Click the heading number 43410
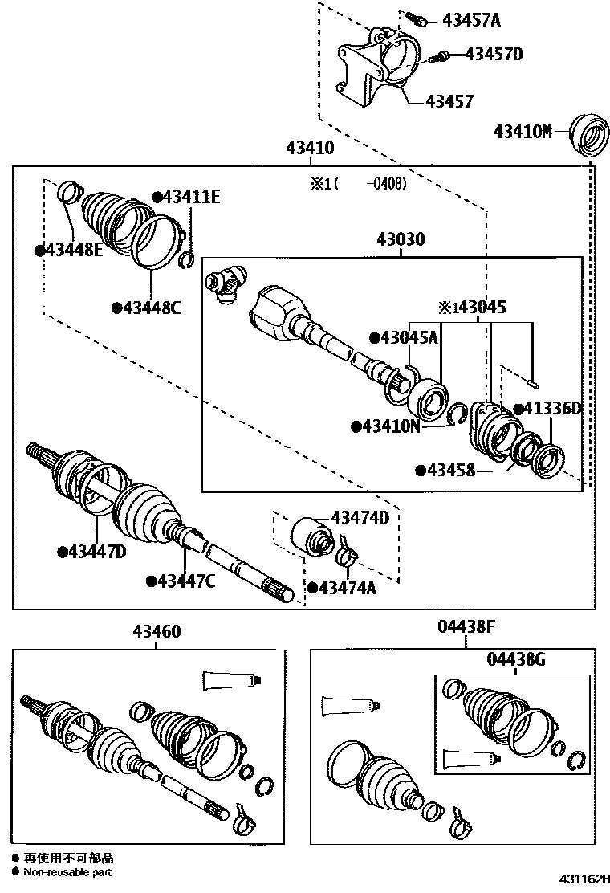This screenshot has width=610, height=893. point(309,149)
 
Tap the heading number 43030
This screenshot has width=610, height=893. point(401,239)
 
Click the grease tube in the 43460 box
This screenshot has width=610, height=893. point(231,680)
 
